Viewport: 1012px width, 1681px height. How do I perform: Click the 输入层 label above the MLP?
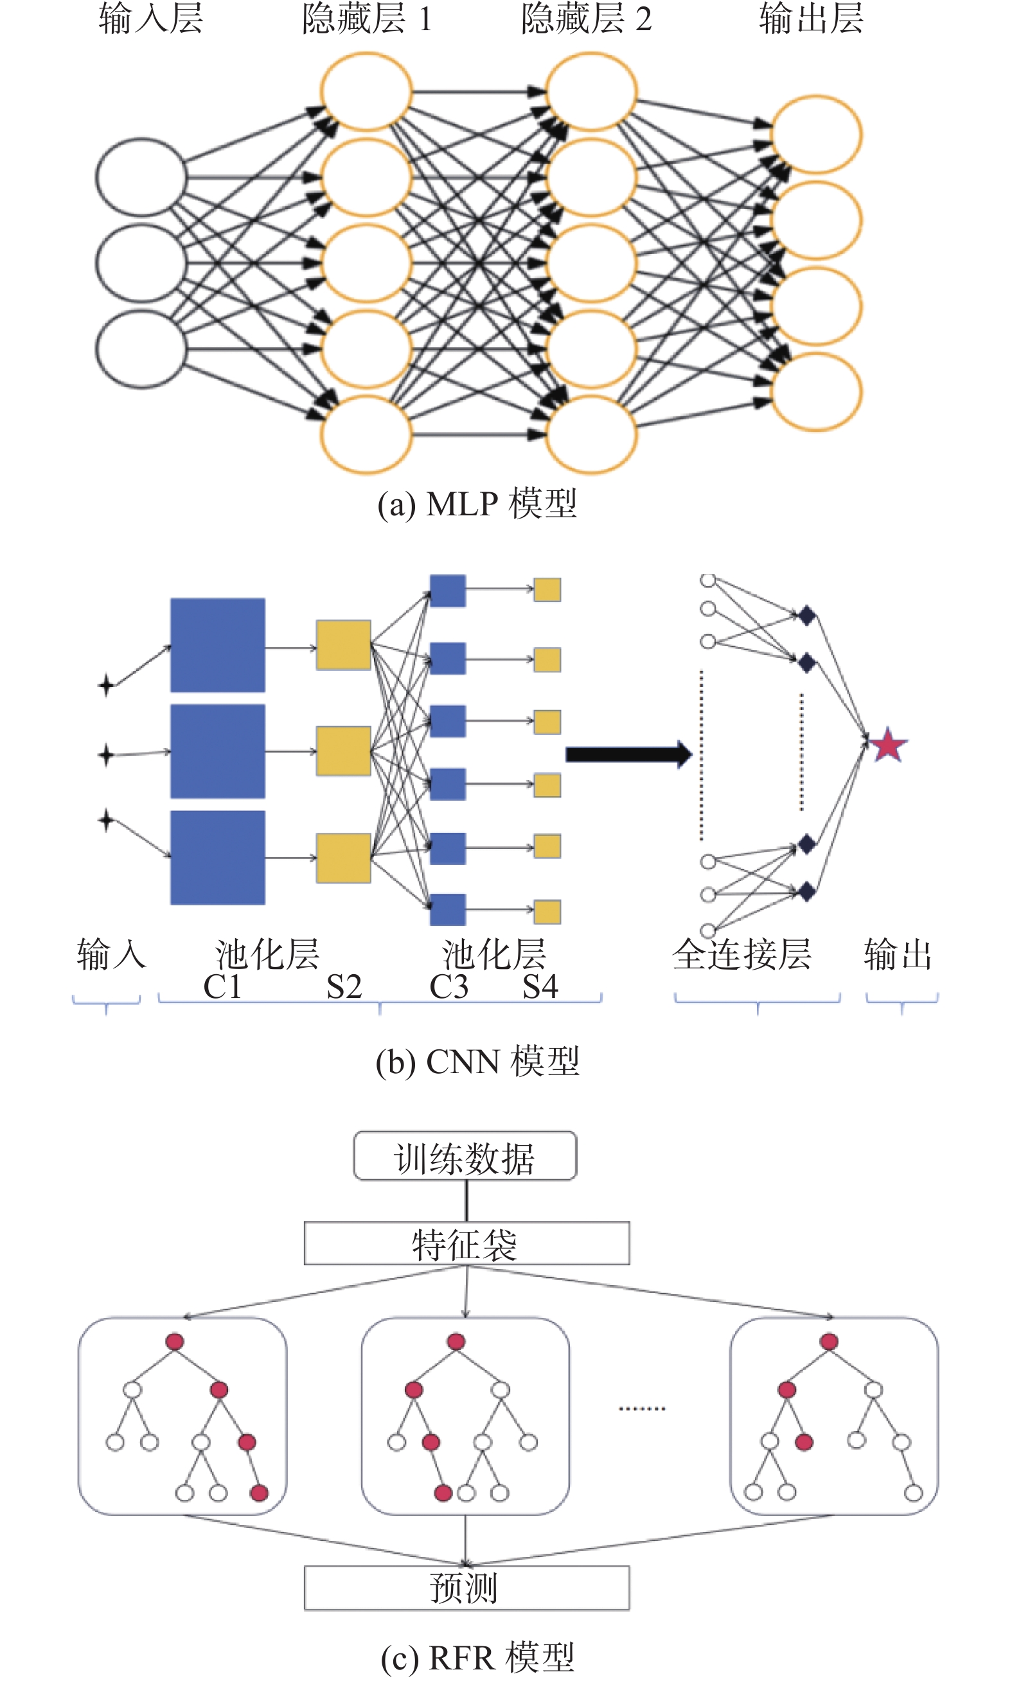(151, 19)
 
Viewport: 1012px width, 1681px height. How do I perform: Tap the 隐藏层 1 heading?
(367, 19)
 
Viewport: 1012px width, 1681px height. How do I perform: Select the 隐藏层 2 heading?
(587, 19)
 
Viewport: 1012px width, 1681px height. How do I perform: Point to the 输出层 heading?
(812, 19)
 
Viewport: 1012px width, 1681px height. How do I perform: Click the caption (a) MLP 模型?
(477, 504)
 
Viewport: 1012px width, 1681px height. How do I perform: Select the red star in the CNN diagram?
(888, 745)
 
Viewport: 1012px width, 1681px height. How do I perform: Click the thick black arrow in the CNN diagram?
(629, 754)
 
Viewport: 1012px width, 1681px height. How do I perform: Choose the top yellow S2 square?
(344, 645)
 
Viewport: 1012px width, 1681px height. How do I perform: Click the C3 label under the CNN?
(448, 986)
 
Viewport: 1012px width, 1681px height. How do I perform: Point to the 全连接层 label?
(742, 954)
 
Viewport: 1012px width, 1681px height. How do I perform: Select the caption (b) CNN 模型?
(477, 1061)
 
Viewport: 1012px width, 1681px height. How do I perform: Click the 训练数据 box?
(465, 1156)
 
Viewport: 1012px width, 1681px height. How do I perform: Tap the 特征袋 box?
(466, 1243)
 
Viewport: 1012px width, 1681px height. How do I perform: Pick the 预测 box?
(466, 1588)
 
